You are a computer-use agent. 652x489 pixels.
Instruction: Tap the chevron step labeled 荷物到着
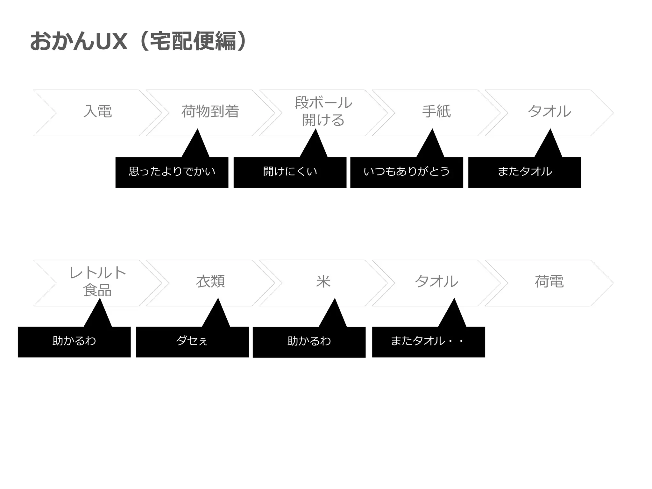point(210,111)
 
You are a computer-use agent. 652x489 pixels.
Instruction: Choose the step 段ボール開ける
point(323,111)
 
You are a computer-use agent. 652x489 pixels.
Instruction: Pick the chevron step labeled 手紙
point(436,111)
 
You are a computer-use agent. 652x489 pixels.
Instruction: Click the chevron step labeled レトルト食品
point(97,281)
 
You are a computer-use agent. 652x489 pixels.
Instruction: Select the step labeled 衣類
point(210,281)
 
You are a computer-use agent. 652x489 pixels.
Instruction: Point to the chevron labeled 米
point(323,281)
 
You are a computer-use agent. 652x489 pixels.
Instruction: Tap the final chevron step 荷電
point(549,281)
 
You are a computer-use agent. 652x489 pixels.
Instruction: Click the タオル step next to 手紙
point(549,111)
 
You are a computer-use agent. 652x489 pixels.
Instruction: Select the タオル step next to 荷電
point(436,281)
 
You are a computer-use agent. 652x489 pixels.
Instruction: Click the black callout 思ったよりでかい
point(172,172)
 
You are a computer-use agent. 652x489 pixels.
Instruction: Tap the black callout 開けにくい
point(290,172)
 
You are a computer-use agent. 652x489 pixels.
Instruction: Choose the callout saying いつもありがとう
point(407,172)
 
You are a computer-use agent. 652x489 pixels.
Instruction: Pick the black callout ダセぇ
point(192,342)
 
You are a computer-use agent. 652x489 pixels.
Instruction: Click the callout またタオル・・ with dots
point(429,342)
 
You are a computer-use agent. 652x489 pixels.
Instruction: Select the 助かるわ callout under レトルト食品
point(74,342)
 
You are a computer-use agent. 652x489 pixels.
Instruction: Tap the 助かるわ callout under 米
point(309,342)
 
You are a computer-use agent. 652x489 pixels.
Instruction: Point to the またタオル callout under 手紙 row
point(525,172)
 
